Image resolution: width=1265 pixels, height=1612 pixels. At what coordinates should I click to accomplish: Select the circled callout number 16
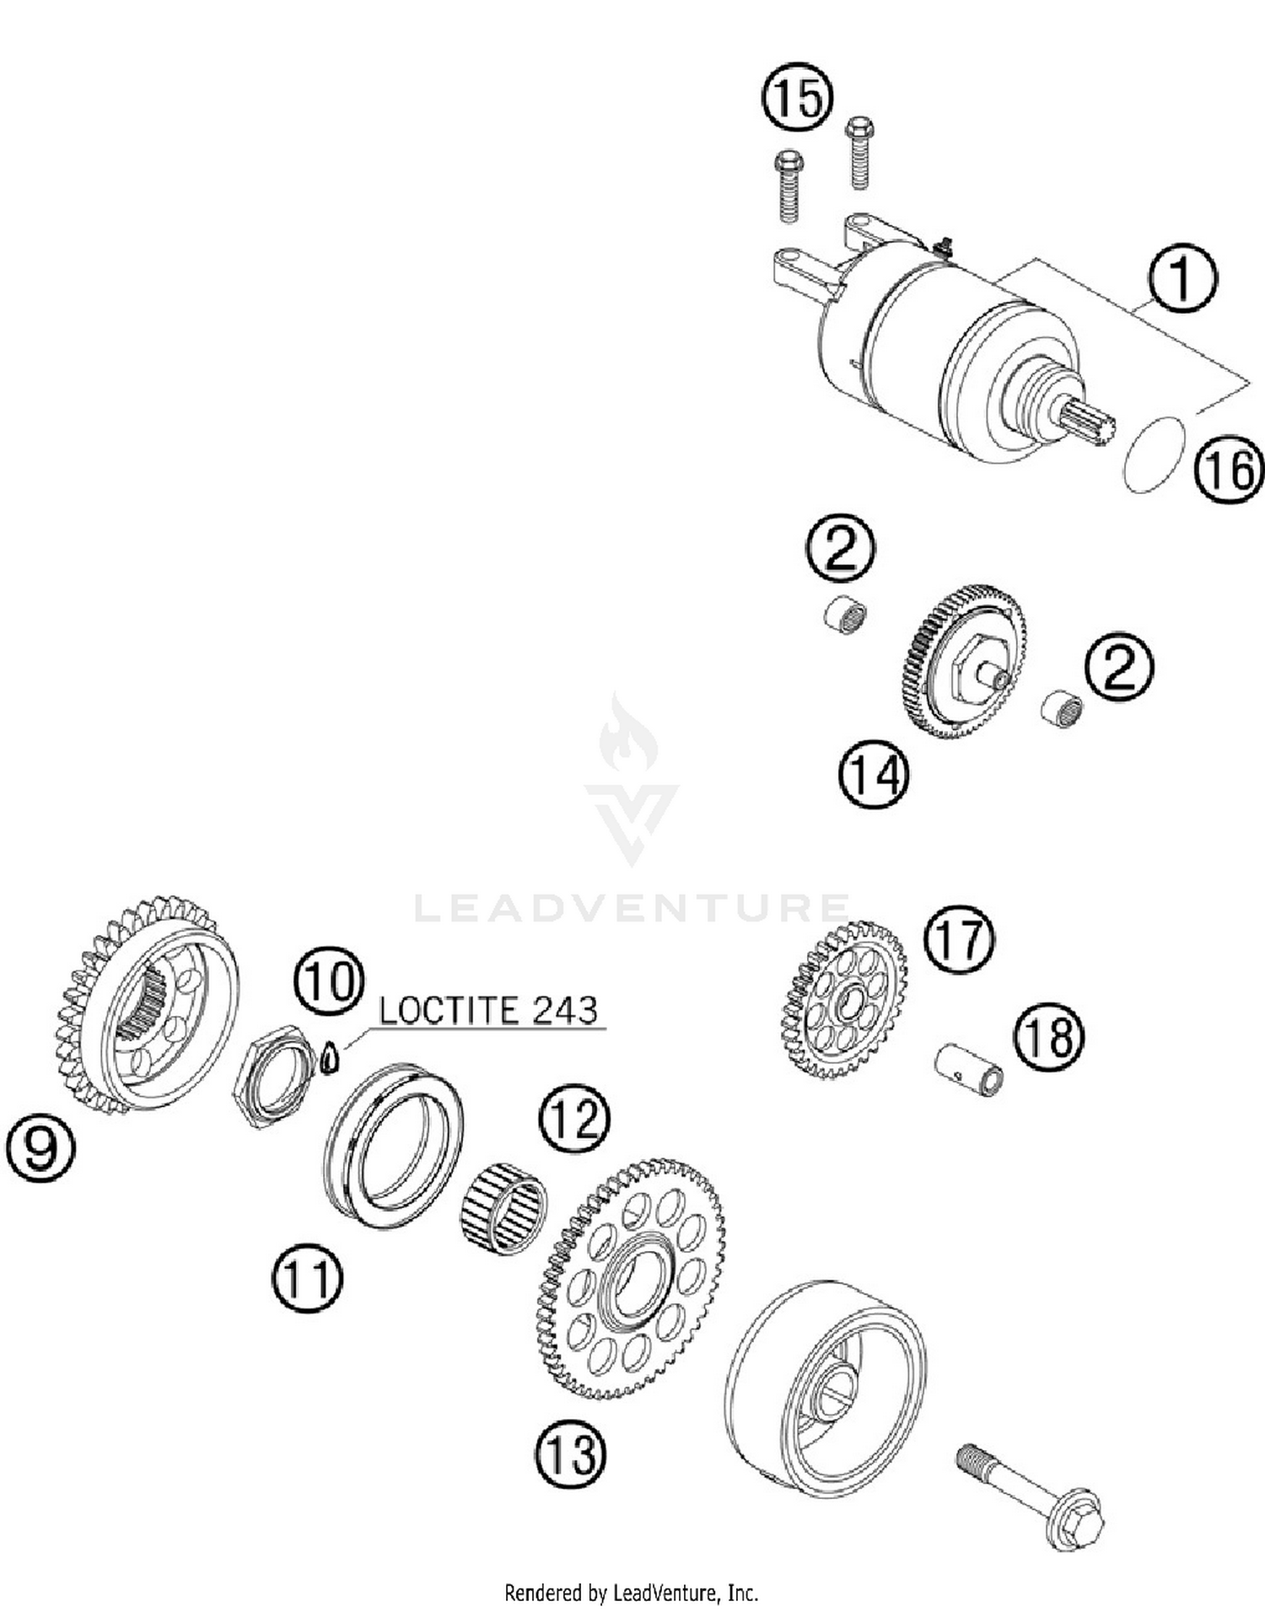point(1229,470)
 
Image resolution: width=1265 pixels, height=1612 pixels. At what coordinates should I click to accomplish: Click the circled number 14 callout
point(874,776)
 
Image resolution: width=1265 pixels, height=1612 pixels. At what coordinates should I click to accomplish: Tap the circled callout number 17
point(959,939)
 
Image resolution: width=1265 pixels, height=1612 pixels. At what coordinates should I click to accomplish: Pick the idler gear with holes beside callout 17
point(843,1001)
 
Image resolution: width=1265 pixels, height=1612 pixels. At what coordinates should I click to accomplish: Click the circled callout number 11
point(307,1277)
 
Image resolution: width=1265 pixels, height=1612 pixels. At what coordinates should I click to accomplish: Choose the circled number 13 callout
point(570,1453)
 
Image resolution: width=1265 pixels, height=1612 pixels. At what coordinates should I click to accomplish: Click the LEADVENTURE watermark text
point(632,908)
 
